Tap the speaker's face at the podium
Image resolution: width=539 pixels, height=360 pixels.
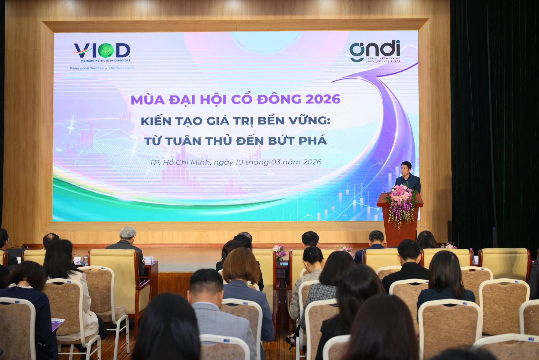[x=406, y=168]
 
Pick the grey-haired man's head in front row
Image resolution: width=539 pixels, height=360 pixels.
[x=128, y=233]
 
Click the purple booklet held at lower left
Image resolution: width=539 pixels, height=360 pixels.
[x=58, y=324]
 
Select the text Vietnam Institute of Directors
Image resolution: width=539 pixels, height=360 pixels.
[x=106, y=61]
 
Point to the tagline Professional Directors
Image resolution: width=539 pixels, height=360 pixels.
[x=86, y=68]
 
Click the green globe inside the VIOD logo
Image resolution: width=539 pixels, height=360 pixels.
[x=106, y=50]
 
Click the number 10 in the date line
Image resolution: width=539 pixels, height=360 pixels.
[x=239, y=162]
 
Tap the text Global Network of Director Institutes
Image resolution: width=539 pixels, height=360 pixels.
[x=383, y=60]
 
